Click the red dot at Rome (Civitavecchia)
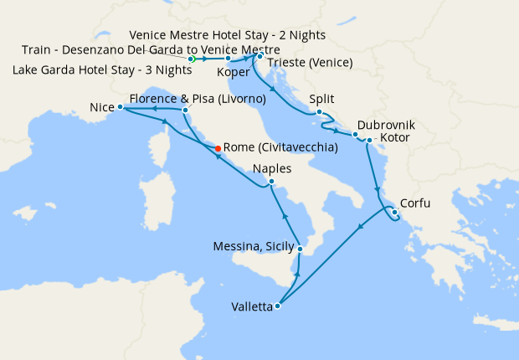point(218,148)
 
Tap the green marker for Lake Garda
point(192,59)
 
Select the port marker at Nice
point(121,107)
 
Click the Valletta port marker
point(278,306)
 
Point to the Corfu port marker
point(394,212)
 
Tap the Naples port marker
point(271,181)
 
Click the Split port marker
point(319,111)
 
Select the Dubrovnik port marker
point(355,134)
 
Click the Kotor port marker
point(369,140)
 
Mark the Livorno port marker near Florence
point(185,110)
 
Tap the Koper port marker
point(228,59)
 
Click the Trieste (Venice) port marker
point(259,56)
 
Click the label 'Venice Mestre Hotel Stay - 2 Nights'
point(228,36)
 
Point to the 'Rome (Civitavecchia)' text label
point(281,148)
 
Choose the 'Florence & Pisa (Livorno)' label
point(198,99)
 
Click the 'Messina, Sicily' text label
point(254,246)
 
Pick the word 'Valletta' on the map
point(252,307)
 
